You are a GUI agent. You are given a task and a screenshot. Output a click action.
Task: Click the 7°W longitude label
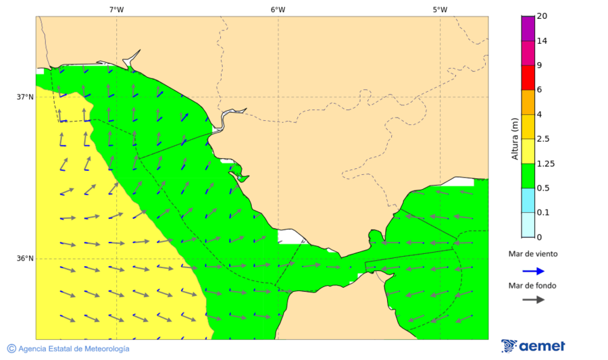116,9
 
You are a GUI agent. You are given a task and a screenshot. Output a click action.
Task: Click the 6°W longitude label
278,9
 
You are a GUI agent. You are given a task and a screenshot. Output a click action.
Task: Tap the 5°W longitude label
440,9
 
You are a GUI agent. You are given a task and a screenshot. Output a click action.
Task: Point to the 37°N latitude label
25,97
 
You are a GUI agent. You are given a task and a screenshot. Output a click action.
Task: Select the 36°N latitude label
25,259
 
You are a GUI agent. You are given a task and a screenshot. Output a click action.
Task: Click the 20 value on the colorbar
542,16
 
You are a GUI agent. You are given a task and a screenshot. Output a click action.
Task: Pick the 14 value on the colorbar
542,41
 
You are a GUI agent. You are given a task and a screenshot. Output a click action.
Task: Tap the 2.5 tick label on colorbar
543,139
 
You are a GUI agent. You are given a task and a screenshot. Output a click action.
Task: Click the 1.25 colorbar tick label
545,163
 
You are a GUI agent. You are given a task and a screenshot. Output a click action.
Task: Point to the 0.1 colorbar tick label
543,213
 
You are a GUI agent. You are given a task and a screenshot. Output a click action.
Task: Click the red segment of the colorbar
528,77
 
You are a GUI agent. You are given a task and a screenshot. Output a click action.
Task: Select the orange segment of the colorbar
528,102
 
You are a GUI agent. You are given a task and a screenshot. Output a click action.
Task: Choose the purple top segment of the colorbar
528,28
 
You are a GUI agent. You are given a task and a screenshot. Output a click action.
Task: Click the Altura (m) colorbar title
515,139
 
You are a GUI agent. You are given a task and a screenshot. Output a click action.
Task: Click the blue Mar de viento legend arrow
533,271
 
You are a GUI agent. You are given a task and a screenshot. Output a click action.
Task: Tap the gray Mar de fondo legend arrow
533,299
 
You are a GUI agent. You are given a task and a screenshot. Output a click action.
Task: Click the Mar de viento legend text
533,254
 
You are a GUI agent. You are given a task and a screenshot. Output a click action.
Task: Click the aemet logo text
542,346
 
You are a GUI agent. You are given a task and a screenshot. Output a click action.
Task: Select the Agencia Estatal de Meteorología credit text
74,349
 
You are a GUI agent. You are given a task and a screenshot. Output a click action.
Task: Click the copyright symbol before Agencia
11,349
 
